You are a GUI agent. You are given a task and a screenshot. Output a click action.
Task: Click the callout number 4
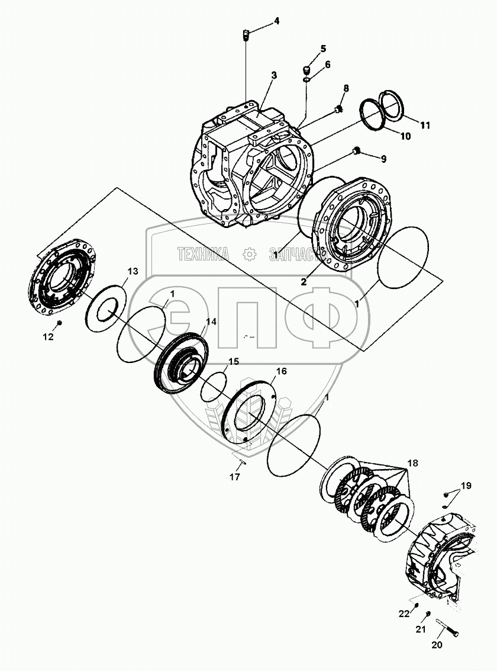pos(276,22)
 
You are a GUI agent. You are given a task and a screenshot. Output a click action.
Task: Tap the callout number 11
pos(425,125)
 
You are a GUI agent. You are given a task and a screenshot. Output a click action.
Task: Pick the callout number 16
pos(282,371)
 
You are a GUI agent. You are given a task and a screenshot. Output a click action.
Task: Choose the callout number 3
pos(274,75)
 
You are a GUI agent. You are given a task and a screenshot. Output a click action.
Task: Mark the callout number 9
pos(383,159)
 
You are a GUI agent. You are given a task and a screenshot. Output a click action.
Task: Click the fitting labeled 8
pos(339,108)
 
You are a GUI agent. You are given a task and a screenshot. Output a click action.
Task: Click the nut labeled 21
pos(428,615)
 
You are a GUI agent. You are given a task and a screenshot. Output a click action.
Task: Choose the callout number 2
pos(303,282)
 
